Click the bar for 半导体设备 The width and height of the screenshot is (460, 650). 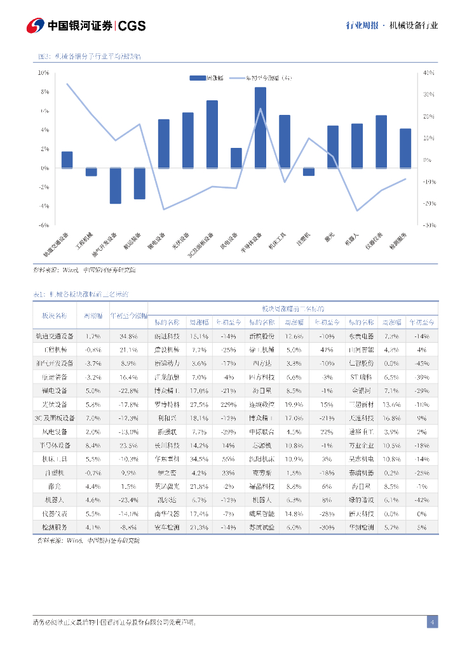260,128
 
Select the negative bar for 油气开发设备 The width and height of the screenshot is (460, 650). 115,185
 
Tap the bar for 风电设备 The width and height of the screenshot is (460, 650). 236,157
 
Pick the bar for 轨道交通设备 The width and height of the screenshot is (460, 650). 67,159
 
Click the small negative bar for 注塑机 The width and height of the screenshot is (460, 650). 309,171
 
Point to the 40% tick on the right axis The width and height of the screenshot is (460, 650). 428,73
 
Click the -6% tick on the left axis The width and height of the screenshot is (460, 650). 44,225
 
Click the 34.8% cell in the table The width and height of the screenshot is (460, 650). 128,336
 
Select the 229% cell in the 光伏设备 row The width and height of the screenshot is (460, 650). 229,404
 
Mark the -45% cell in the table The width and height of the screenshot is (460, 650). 422,363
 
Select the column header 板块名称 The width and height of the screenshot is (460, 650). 54,315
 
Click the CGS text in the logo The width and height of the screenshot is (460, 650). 132,26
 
